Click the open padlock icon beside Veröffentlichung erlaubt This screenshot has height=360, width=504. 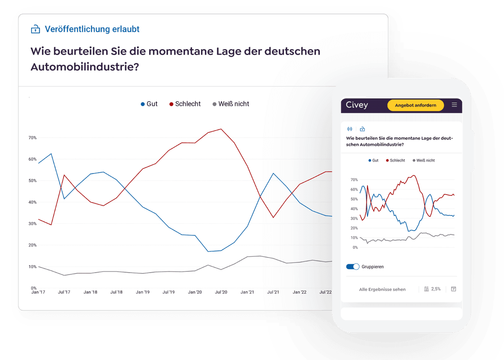click(35, 29)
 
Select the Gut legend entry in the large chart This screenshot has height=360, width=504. click(149, 104)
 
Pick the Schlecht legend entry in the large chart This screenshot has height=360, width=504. click(185, 104)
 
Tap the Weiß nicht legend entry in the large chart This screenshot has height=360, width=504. click(231, 104)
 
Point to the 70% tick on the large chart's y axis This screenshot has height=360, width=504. click(32, 138)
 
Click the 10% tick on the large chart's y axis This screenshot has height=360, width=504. click(32, 267)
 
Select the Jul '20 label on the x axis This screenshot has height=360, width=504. click(220, 292)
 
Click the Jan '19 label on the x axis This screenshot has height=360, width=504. click(142, 292)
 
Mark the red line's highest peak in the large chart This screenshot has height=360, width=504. click(221, 129)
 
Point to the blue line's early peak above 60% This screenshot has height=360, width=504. click(51, 154)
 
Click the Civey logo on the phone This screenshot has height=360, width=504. click(357, 105)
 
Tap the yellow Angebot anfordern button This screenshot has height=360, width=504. click(415, 105)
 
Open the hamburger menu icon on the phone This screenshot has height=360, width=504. click(454, 105)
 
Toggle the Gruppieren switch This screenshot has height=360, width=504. click(352, 267)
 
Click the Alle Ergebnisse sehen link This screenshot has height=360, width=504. click(382, 289)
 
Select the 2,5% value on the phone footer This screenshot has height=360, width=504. click(436, 289)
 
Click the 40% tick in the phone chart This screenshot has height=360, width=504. click(354, 209)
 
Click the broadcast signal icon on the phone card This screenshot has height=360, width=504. click(349, 129)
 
